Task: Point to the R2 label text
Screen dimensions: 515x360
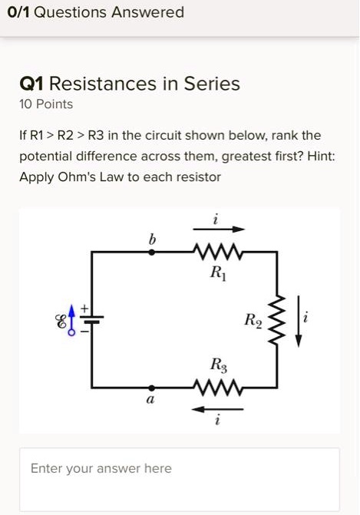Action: coord(253,319)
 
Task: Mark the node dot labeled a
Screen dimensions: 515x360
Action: coord(151,388)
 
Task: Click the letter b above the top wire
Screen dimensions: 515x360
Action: coord(151,239)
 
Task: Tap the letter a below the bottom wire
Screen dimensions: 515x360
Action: coord(150,401)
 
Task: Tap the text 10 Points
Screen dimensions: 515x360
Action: coord(46,104)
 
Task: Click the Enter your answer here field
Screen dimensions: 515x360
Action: coord(180,469)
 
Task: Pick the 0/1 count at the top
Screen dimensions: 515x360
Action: coord(20,12)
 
